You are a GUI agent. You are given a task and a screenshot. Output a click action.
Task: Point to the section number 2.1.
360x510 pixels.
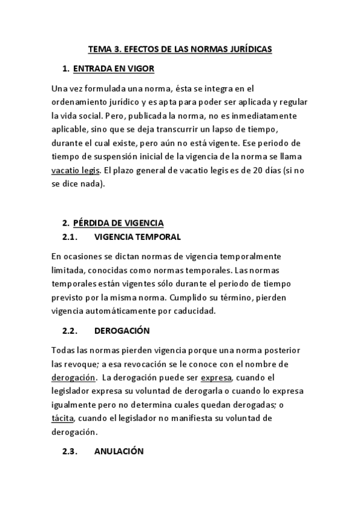(x=71, y=236)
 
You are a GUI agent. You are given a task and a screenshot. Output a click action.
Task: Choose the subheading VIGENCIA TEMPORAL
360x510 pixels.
(x=138, y=236)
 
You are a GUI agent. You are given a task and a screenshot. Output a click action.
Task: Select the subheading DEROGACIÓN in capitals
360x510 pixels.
(x=122, y=331)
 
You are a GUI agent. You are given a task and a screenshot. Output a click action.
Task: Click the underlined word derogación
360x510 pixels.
(x=74, y=378)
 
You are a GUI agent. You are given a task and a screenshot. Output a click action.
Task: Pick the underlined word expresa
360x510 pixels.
(x=216, y=378)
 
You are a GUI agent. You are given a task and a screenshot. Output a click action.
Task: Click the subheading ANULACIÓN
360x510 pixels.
(x=119, y=451)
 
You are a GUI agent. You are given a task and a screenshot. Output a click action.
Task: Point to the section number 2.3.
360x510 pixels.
(x=71, y=451)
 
